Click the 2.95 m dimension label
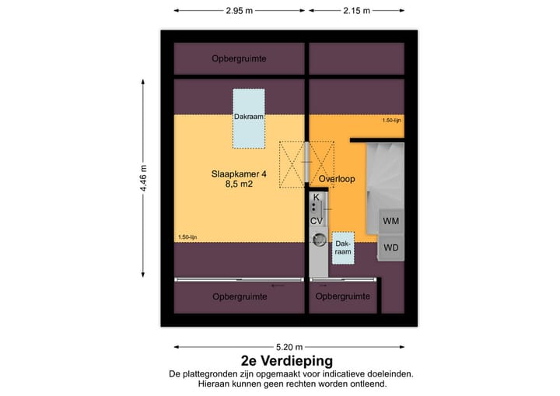pos(239,11)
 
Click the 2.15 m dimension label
pos(355,11)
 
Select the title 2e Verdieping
pos(287,361)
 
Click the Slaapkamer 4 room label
pos(239,174)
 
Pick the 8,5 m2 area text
pos(239,185)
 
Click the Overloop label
pos(337,179)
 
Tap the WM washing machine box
pos(391,221)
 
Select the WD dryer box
pos(391,248)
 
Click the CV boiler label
pos(317,221)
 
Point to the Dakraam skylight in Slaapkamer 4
pos(249,117)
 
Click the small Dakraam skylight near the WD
pos(343,247)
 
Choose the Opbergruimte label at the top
pos(239,59)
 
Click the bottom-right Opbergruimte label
pos(343,296)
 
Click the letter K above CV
pos(316,198)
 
